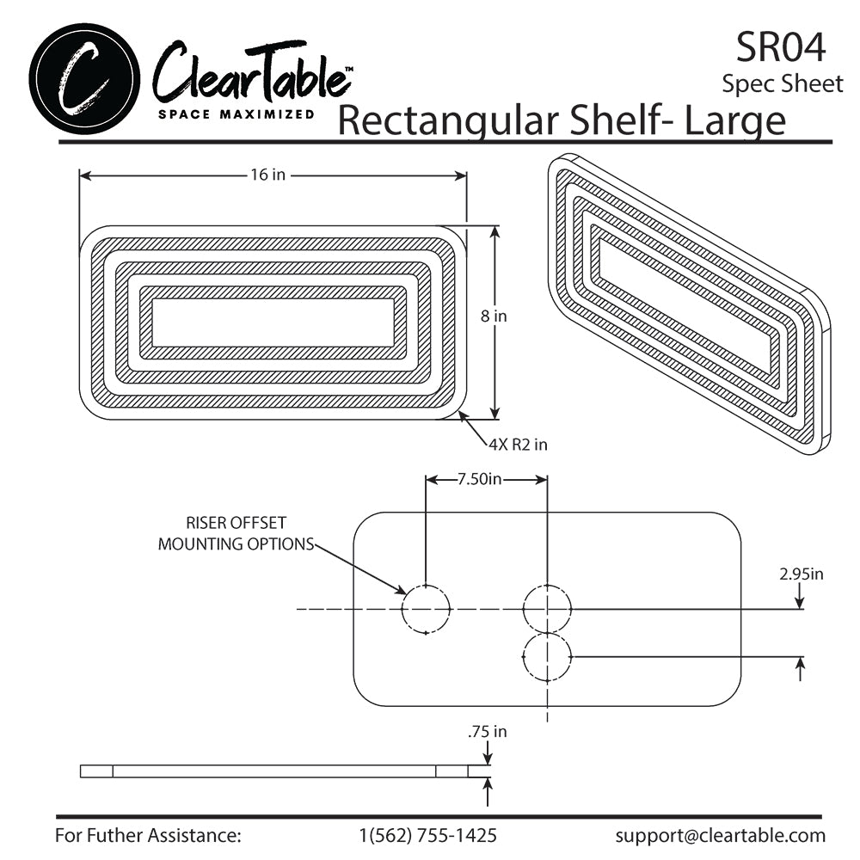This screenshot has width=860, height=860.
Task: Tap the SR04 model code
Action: click(780, 47)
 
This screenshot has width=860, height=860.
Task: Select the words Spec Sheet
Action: click(783, 84)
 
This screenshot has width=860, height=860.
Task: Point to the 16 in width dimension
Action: click(267, 175)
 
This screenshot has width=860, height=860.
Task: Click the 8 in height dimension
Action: click(494, 316)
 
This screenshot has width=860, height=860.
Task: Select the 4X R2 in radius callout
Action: click(518, 445)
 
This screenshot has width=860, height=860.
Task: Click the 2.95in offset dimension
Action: click(802, 574)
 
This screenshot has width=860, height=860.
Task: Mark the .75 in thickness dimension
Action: click(487, 732)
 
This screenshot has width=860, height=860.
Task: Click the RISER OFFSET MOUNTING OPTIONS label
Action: click(236, 533)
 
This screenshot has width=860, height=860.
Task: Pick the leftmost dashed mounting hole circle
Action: click(426, 609)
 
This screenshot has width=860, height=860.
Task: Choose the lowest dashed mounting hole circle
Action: click(547, 657)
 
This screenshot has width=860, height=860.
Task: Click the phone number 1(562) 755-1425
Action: click(427, 835)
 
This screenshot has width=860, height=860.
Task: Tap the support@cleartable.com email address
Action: click(720, 835)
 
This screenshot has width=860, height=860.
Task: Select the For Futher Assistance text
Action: click(148, 835)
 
